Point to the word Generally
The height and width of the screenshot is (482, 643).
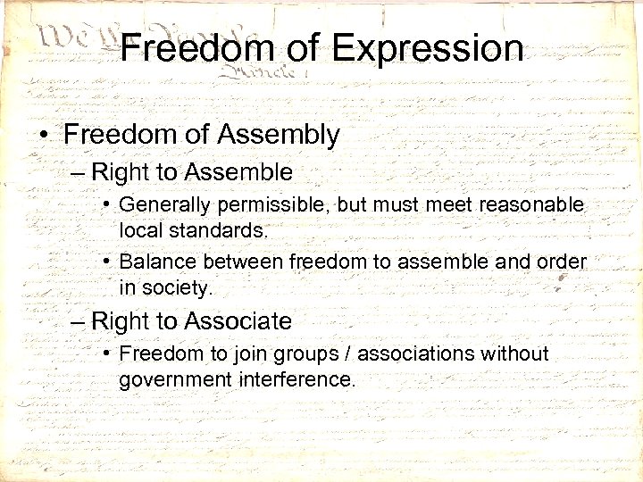click(x=162, y=204)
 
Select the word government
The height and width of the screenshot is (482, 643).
click(x=175, y=378)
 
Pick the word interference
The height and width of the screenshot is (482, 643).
click(x=297, y=378)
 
